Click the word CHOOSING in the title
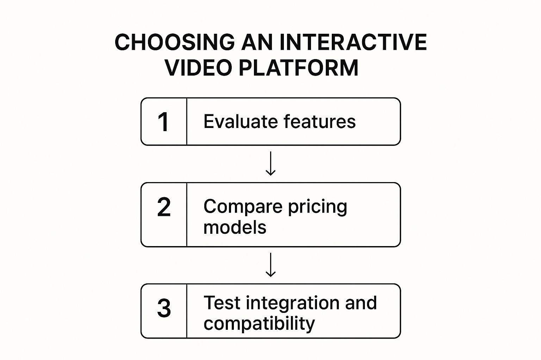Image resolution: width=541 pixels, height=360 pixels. pyautogui.click(x=174, y=43)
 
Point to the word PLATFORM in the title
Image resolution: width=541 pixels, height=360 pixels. pyautogui.click(x=299, y=68)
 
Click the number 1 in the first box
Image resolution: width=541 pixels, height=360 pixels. pyautogui.click(x=163, y=122)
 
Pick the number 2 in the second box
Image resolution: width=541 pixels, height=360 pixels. pyautogui.click(x=164, y=207)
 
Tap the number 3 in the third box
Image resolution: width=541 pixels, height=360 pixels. pyautogui.click(x=164, y=308)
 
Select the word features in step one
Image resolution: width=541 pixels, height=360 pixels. pyautogui.click(x=319, y=122)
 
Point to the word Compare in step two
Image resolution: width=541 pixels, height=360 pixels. pyautogui.click(x=243, y=207)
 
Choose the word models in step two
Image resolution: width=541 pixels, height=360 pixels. pyautogui.click(x=235, y=227)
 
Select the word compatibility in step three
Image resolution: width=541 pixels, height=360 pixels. pyautogui.click(x=259, y=324)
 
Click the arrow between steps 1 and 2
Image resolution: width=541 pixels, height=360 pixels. pyautogui.click(x=270, y=164)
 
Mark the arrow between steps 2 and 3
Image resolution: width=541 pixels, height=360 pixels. pyautogui.click(x=270, y=265)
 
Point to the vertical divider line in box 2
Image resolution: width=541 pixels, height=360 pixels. pyautogui.click(x=187, y=214)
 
